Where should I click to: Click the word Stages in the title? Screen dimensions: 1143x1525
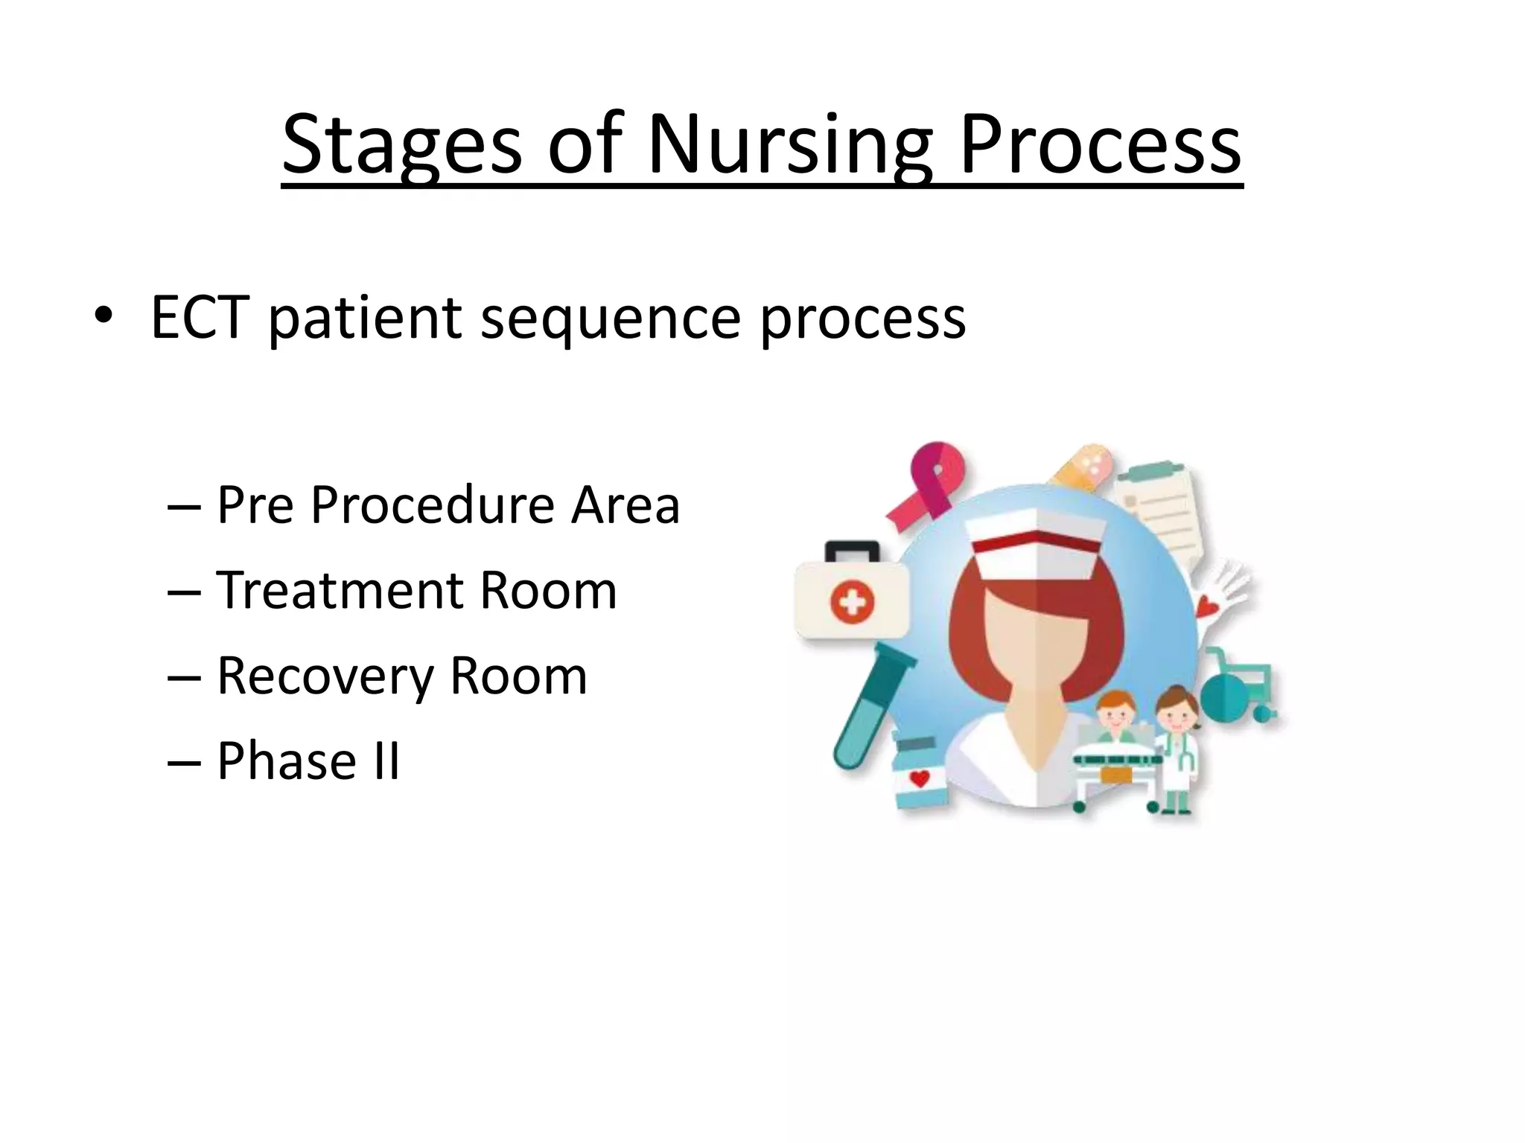click(402, 145)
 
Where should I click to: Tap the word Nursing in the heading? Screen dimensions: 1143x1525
click(789, 145)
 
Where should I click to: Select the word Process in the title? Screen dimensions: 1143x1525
click(1101, 145)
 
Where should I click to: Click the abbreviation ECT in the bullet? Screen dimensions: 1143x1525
click(200, 318)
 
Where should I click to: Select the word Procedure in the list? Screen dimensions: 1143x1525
click(433, 505)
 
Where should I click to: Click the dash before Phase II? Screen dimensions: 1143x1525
click(184, 763)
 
